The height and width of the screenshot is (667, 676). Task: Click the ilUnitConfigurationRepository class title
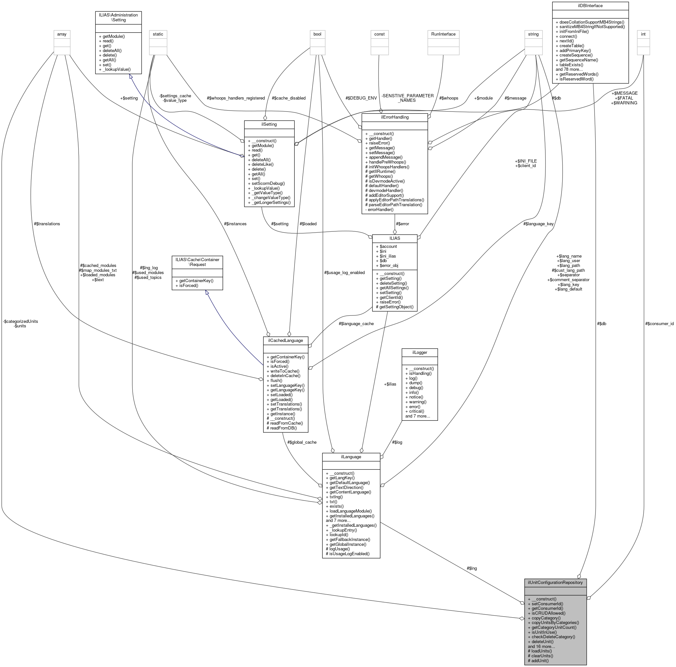555,582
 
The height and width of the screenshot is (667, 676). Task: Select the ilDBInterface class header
590,5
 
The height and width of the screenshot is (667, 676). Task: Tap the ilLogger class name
420,352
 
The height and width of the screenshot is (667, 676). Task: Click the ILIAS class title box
394,238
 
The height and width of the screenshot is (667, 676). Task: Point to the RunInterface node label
443,34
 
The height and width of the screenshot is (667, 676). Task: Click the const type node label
379,34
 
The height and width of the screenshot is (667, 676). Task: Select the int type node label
643,34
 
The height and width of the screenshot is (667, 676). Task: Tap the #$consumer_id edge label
659,323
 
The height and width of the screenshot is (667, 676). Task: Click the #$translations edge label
47,224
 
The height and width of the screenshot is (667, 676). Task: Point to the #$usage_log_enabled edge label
345,272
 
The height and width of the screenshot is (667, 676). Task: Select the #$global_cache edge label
302,442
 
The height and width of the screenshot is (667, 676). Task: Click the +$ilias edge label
390,384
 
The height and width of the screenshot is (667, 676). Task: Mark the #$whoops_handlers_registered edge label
236,98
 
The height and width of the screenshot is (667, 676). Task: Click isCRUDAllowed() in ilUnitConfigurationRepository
548,613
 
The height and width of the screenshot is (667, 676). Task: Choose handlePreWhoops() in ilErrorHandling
387,162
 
